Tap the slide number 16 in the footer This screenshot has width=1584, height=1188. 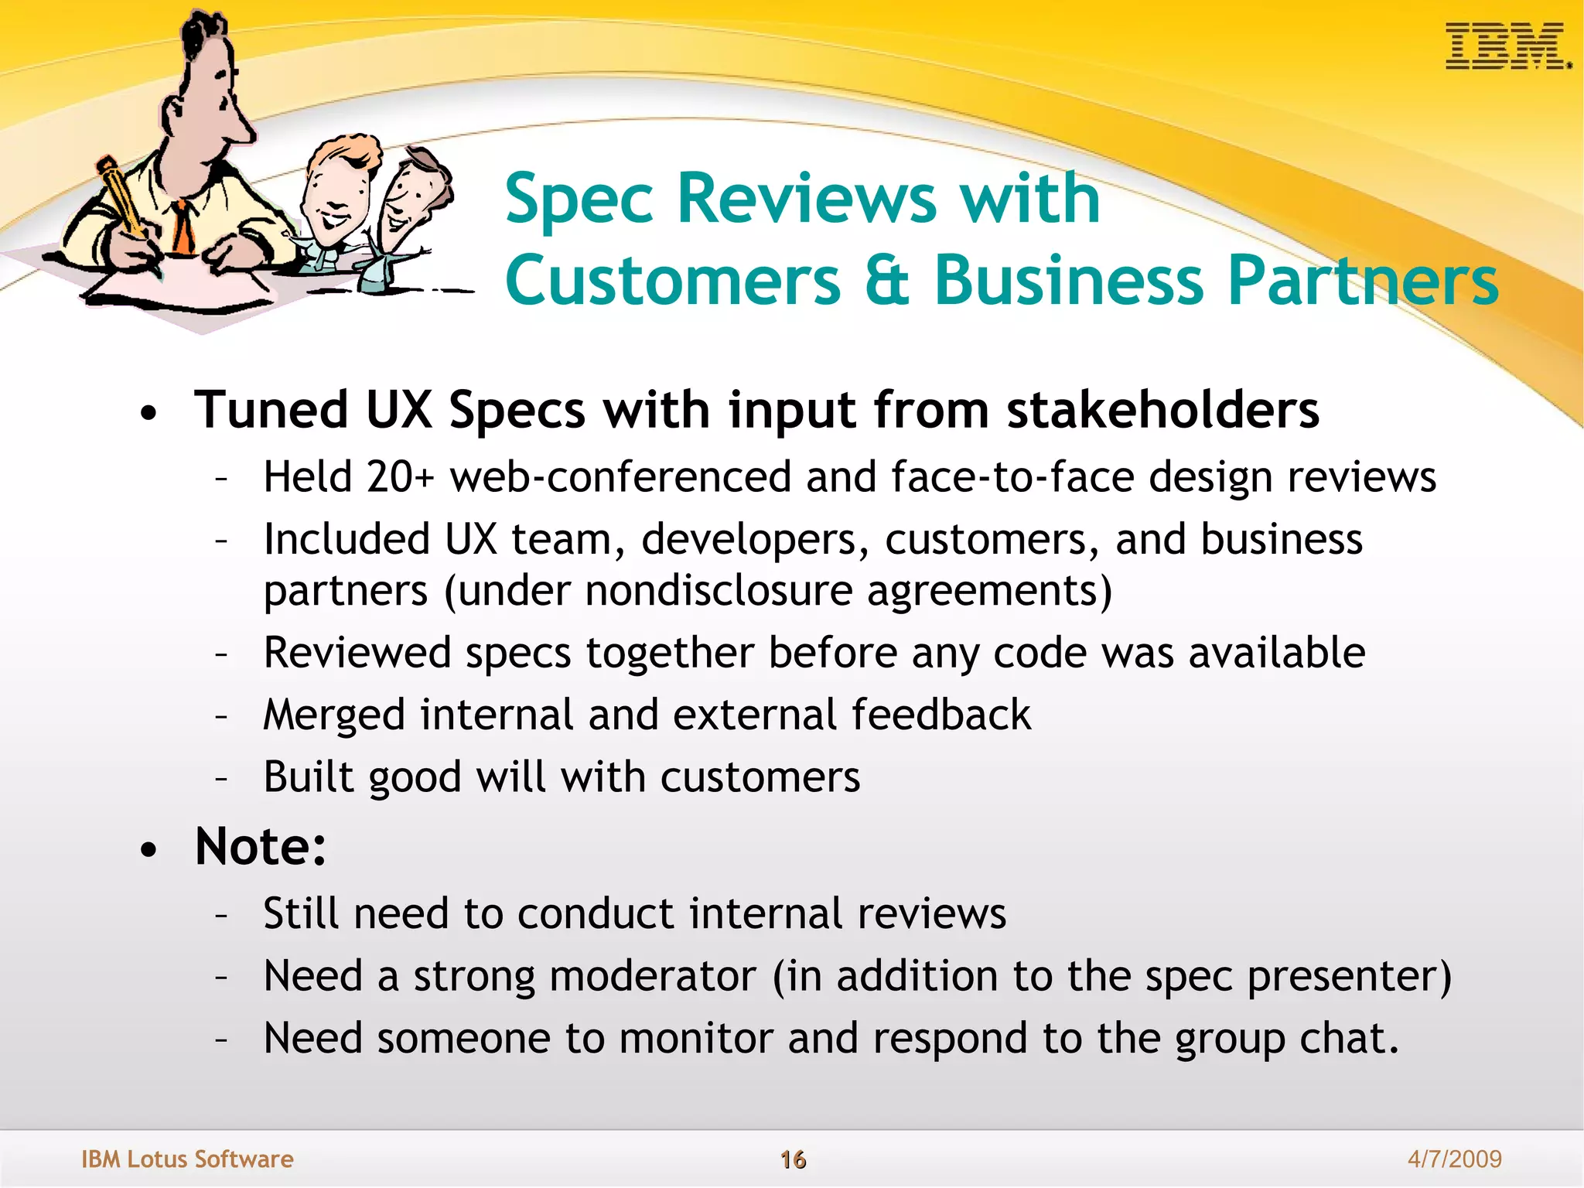pos(793,1159)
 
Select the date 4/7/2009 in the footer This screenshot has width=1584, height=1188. pos(1454,1159)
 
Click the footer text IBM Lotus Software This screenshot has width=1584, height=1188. pos(187,1159)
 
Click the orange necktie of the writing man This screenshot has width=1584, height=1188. pos(183,227)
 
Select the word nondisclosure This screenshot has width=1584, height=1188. pos(719,591)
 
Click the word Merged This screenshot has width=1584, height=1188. pos(333,715)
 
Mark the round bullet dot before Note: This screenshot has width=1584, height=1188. pos(149,851)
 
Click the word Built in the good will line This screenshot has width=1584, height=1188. pos(308,777)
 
